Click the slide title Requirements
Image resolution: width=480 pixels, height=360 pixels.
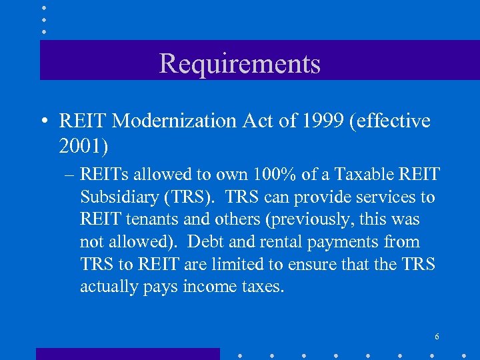click(x=239, y=64)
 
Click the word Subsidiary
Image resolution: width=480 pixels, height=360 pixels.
click(x=119, y=197)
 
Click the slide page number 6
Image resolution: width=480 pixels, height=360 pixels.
click(x=437, y=337)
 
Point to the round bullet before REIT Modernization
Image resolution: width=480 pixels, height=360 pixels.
click(x=44, y=121)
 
